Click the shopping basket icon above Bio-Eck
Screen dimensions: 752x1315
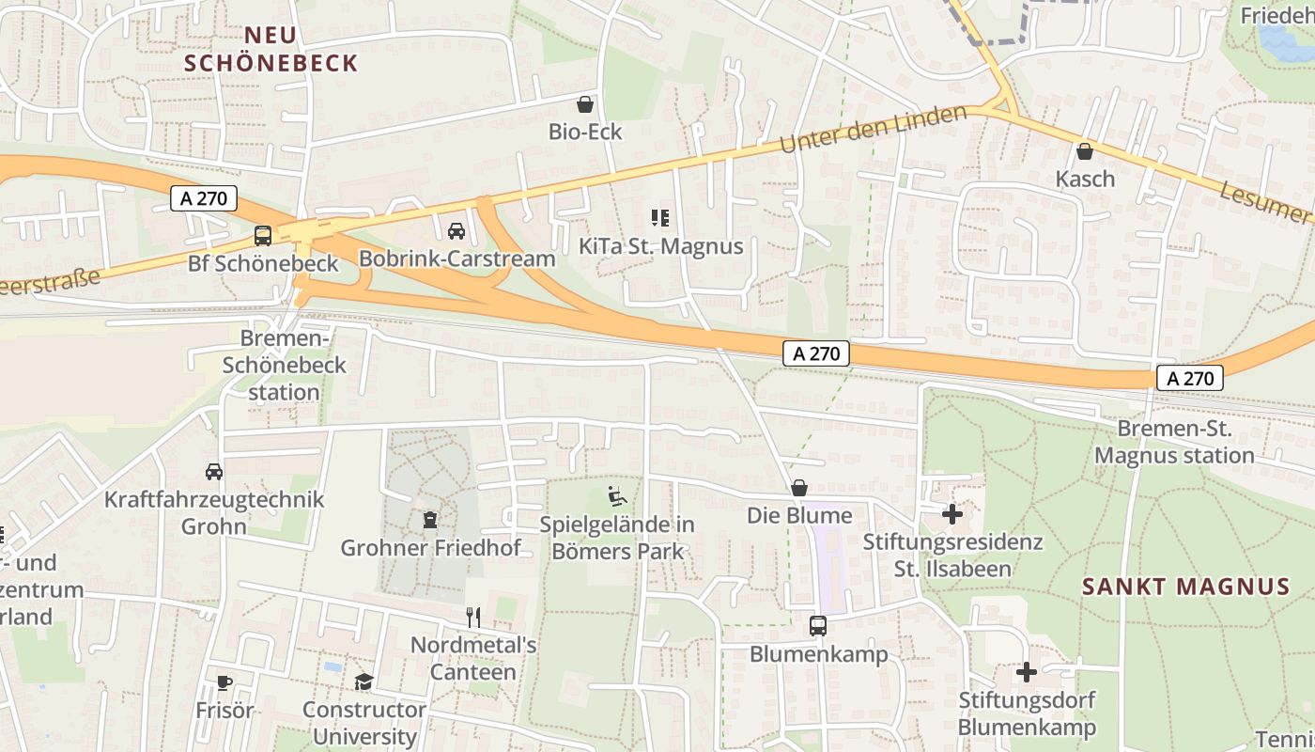pos(585,103)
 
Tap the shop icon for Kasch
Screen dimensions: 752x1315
pos(1085,150)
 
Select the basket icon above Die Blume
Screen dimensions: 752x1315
pos(799,487)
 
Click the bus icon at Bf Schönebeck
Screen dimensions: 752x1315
pos(263,235)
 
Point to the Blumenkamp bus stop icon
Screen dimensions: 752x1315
pos(818,625)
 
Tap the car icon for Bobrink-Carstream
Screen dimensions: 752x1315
pos(456,230)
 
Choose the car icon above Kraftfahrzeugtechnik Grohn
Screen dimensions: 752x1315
pos(214,471)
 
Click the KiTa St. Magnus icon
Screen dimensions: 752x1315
pos(660,218)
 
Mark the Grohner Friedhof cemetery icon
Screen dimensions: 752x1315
pos(430,519)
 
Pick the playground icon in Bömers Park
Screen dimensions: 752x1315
pos(617,495)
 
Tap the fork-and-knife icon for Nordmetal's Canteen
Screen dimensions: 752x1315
pos(473,617)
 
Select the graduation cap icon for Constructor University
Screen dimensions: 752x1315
pos(364,681)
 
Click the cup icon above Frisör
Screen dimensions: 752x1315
pos(224,682)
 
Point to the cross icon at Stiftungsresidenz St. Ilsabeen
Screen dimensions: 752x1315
pos(952,514)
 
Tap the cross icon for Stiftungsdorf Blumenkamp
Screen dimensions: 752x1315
pos(1027,672)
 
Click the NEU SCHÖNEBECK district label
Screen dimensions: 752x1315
pos(271,49)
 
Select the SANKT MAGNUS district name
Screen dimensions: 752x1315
pos(1185,587)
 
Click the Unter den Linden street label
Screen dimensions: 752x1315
pos(873,129)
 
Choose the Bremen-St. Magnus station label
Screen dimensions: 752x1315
pos(1175,442)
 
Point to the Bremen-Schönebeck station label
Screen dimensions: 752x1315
pos(285,365)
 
